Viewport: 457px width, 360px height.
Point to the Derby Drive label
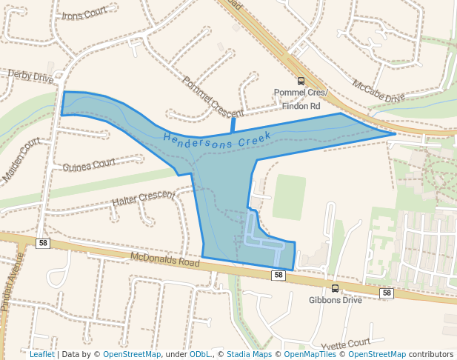pyautogui.click(x=30, y=76)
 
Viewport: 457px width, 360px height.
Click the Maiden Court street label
pyautogui.click(x=21, y=160)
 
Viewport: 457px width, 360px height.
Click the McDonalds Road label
pyautogui.click(x=165, y=260)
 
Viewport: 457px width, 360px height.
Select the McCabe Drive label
pyautogui.click(x=378, y=91)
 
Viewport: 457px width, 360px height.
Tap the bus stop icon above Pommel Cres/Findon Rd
pyautogui.click(x=301, y=81)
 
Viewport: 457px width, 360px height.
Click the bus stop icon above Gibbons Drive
pyautogui.click(x=335, y=288)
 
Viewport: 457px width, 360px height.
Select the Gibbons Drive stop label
pyautogui.click(x=335, y=300)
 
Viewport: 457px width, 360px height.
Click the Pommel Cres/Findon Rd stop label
pyautogui.click(x=297, y=99)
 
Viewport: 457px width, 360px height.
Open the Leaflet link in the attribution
pyautogui.click(x=41, y=354)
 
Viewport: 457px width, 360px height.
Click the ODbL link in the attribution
pyautogui.click(x=200, y=354)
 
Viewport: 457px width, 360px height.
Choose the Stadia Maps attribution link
pyautogui.click(x=249, y=354)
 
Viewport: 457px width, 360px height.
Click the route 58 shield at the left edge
pyautogui.click(x=43, y=243)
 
